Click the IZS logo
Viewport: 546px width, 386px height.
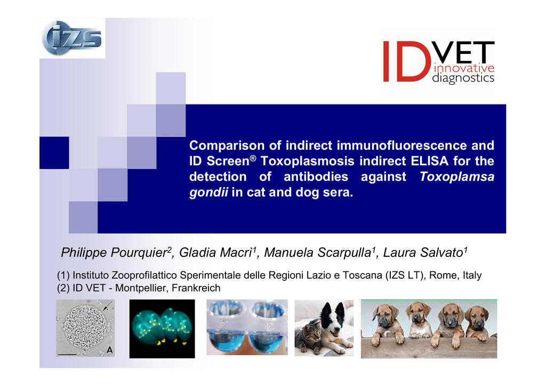(x=72, y=38)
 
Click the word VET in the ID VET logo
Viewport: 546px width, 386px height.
(x=463, y=52)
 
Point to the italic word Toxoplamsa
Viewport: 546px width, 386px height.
(x=457, y=176)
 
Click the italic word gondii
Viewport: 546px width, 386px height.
(x=208, y=192)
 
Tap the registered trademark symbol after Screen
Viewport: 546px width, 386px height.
(x=253, y=158)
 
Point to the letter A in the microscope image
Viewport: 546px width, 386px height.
(x=110, y=350)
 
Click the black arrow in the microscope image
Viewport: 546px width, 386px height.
(x=108, y=305)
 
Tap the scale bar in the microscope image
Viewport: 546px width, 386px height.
(x=67, y=355)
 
